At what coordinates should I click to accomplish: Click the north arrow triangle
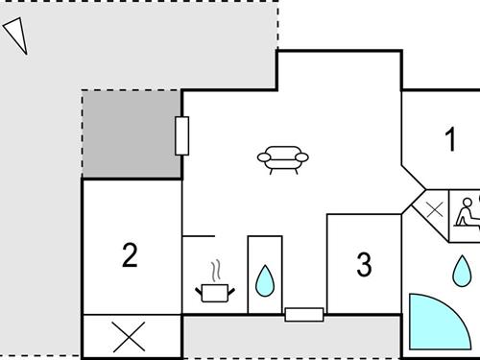pos(15,36)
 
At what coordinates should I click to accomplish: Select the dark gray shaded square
pos(132,134)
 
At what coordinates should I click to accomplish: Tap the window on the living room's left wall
pos(182,136)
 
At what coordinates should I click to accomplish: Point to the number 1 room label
pos(449,140)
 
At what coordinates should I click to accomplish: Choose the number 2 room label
pos(131,255)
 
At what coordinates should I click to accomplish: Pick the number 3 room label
pos(364,264)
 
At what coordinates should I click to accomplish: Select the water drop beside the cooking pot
pos(265,280)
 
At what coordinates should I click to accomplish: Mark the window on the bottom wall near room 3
pos(303,314)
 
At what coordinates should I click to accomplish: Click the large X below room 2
pos(131,336)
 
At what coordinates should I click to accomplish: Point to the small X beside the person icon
pos(434,207)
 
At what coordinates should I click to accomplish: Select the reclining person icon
pos(467,212)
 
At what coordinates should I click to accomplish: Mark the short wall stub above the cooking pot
pos(198,234)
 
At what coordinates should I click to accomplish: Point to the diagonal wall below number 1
pos(413,178)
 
